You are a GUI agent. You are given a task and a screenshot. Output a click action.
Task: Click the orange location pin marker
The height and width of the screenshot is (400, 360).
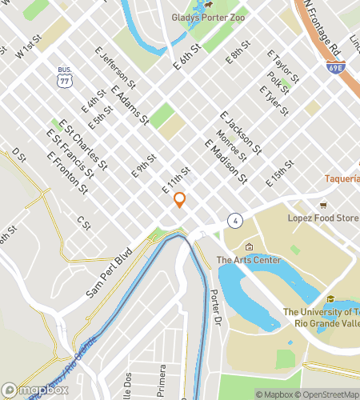[x=180, y=200]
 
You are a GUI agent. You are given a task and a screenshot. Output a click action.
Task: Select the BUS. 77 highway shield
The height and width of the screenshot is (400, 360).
[x=63, y=78]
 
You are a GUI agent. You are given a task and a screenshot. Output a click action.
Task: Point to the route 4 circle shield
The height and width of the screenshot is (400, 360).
[x=234, y=219]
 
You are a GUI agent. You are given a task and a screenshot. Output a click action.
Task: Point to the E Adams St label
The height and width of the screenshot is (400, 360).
[x=130, y=106]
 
